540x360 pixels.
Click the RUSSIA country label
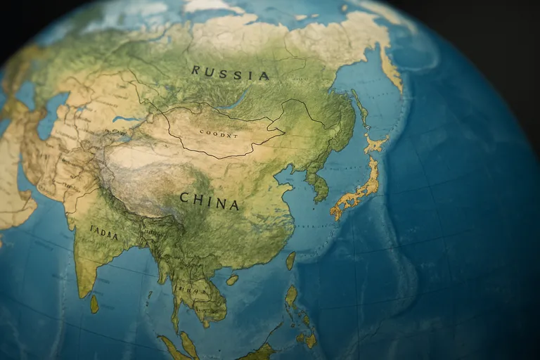point(230,72)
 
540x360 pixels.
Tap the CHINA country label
point(209,201)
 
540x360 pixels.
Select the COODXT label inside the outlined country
point(219,132)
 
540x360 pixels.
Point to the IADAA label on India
point(104,233)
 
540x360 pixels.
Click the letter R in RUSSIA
point(195,70)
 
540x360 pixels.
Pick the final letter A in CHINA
point(234,205)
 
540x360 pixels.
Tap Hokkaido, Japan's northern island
point(375,144)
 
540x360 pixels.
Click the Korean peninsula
point(320,184)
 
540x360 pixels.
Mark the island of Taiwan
point(290,260)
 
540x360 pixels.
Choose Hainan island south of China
point(232,279)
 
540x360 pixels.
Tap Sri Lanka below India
point(94,304)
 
